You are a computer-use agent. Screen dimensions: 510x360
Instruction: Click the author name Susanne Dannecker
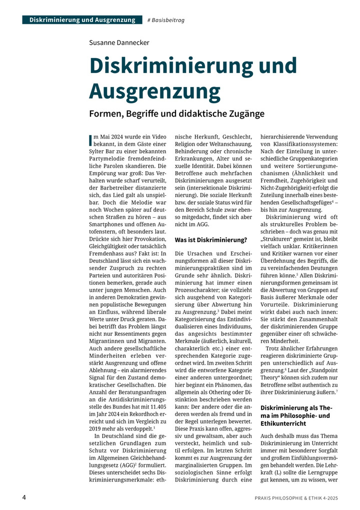click(x=119, y=43)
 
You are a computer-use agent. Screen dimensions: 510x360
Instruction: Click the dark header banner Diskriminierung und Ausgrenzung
click(x=82, y=20)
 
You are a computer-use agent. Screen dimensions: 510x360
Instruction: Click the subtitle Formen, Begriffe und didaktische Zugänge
click(x=176, y=114)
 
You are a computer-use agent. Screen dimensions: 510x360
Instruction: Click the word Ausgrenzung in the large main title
click(x=154, y=91)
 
